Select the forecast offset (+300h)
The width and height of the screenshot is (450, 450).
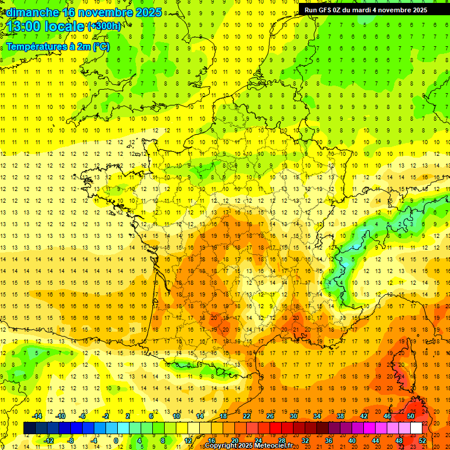click(104, 26)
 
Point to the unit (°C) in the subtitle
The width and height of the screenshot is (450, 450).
click(100, 47)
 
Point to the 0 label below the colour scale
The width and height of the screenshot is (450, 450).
click(115, 440)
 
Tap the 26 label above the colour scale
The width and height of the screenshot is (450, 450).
click(270, 416)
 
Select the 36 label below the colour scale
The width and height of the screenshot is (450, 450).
click(328, 440)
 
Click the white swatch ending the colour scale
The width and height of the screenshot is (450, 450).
click(416, 428)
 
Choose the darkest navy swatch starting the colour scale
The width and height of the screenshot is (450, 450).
click(29, 428)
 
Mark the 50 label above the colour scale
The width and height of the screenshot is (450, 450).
click(410, 416)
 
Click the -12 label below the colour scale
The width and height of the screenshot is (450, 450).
click(49, 440)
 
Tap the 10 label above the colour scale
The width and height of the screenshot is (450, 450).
click(176, 416)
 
